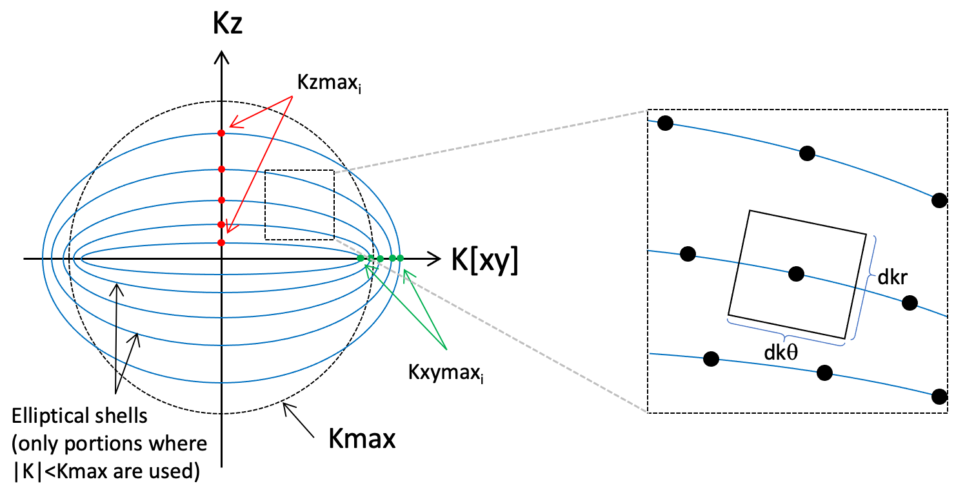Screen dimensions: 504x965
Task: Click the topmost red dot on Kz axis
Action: [x=221, y=133]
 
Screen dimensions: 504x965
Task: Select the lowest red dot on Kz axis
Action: [x=221, y=242]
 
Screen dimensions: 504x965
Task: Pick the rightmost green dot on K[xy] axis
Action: [x=400, y=258]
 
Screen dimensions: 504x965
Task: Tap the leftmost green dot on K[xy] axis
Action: [x=361, y=258]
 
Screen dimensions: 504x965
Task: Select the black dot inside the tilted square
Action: [x=797, y=273]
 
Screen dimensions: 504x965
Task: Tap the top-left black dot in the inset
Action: [x=664, y=122]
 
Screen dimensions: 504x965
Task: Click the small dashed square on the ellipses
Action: [x=299, y=205]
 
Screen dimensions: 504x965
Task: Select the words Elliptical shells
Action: [x=80, y=415]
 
